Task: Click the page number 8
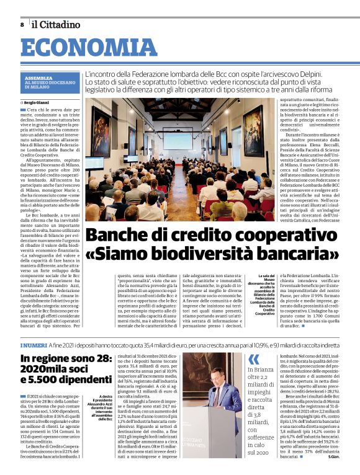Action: (22, 24)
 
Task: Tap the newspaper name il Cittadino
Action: (56, 24)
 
